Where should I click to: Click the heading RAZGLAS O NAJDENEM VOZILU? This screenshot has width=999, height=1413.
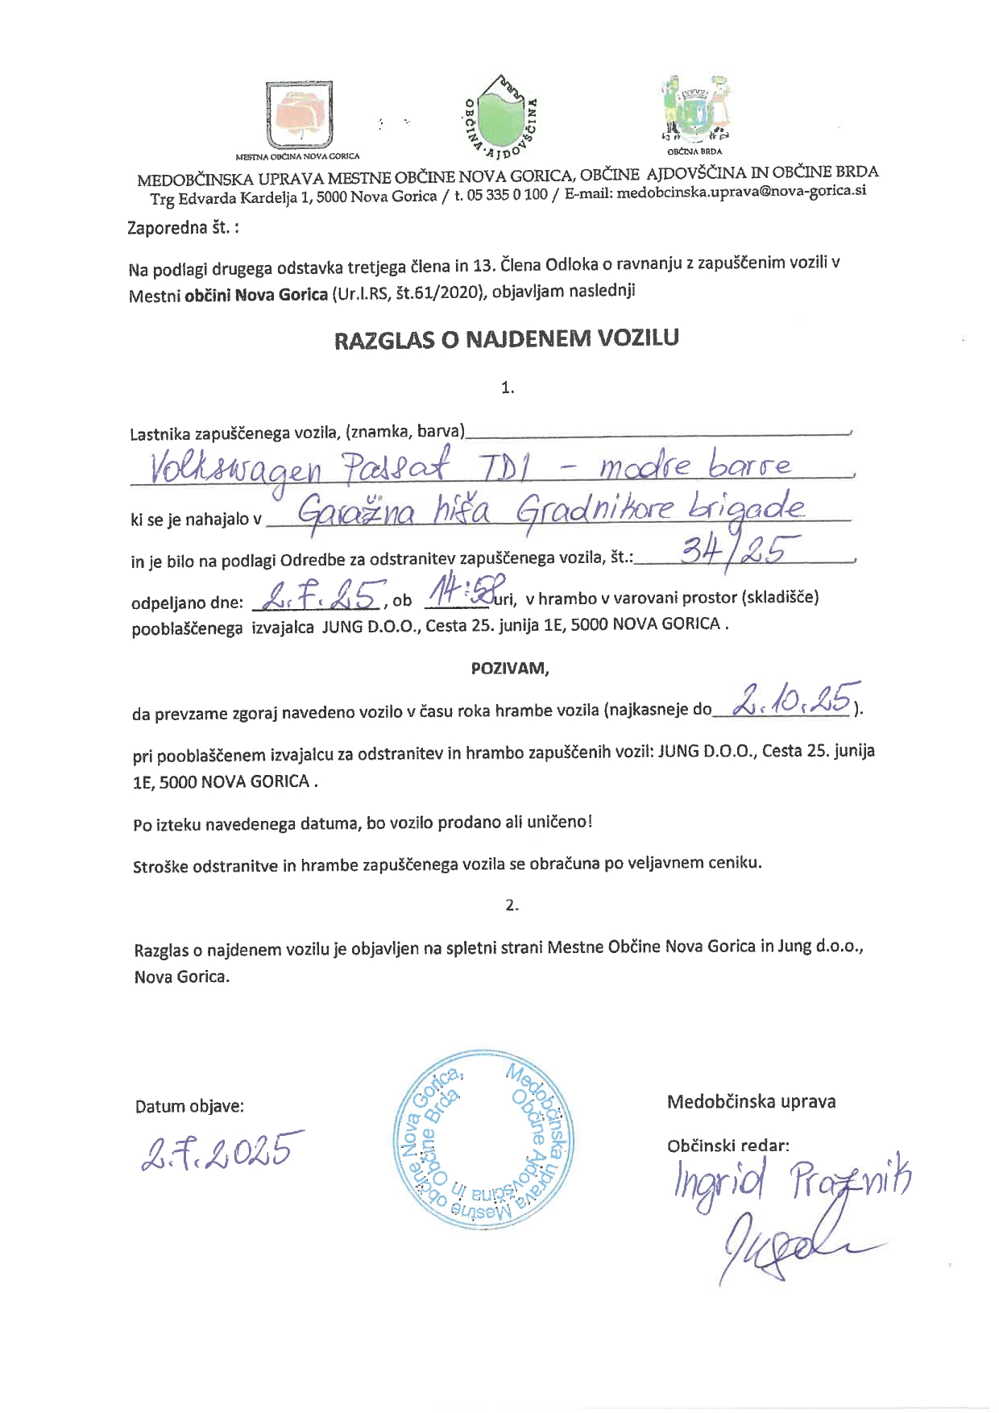[x=507, y=338]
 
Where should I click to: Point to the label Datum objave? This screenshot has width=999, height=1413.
[x=189, y=1106]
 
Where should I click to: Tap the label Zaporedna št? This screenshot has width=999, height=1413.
[x=183, y=228]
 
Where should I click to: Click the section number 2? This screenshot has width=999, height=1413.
[x=511, y=905]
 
